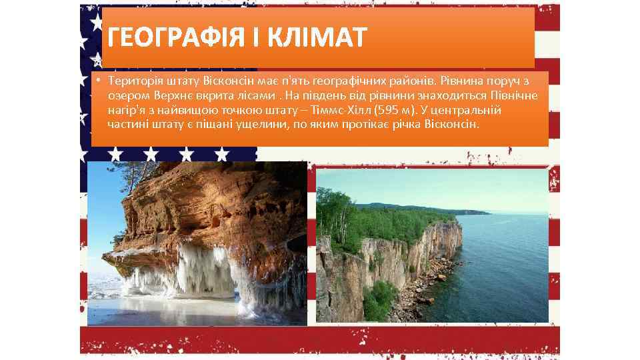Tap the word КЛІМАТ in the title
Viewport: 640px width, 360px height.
click(320, 37)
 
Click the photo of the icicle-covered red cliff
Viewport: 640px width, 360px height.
click(197, 243)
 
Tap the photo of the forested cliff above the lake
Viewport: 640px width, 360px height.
click(432, 245)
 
